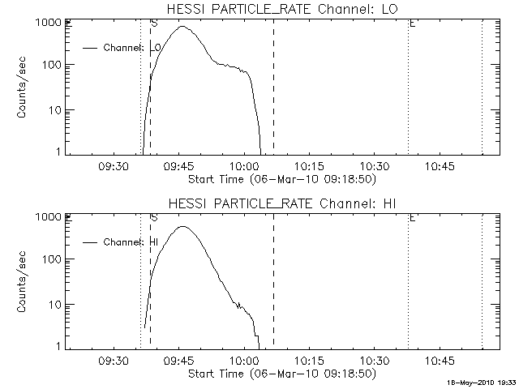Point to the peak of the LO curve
pyautogui.click(x=183, y=27)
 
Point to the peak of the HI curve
pyautogui.click(x=183, y=227)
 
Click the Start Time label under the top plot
pyautogui.click(x=281, y=178)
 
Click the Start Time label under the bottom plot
pyautogui.click(x=281, y=373)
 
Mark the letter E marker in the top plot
pyautogui.click(x=412, y=24)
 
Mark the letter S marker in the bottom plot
pyautogui.click(x=153, y=219)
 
